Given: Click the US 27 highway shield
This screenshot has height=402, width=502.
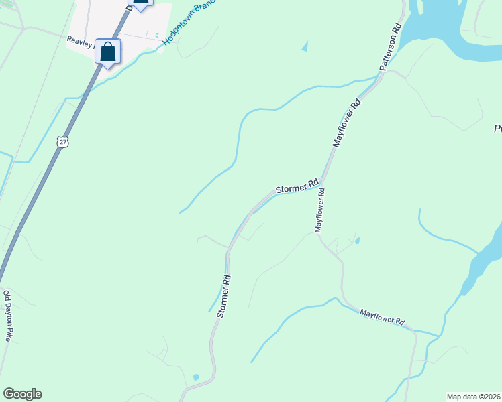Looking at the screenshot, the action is pos(62,142).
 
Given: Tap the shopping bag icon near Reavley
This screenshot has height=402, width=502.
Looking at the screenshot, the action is pos(108,52).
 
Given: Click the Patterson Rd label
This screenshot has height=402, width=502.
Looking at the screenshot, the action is pos(390,48).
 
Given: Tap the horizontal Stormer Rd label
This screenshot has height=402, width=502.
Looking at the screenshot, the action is pos(296,186).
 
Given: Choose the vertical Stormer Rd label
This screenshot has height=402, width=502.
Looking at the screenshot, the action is pos(224,295).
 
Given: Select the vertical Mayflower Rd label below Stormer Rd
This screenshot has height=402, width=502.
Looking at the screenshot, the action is pos(320,210).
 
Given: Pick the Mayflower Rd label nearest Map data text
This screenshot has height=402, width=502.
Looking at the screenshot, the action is pos(382,317).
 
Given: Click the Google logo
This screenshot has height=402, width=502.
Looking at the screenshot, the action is pos(22,394).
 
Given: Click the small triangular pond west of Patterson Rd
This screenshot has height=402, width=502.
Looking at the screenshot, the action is pos(305,46).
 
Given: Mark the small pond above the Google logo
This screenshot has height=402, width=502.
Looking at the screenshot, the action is pos(196,377).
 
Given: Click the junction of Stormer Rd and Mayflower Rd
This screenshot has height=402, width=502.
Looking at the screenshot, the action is pos(323,180).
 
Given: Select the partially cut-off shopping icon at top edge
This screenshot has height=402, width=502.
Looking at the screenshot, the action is pos(141,3).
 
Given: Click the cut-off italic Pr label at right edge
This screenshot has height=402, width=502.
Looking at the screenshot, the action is pos(497,128).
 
